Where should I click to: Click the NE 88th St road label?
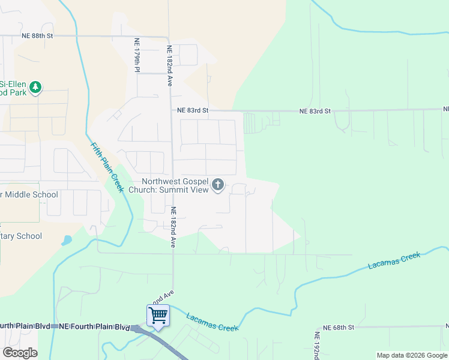pos(37,36)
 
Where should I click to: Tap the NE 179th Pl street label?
pos(137,56)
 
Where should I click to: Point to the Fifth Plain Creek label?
pos(107,167)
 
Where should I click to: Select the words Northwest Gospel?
pos(175,182)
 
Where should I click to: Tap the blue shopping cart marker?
pos(158,315)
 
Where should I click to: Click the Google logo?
pos(20,353)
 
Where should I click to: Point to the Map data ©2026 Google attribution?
pos(412,355)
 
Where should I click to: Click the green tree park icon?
pos(36,88)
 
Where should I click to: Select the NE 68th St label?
pos(339,328)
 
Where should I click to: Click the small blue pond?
pos(66,241)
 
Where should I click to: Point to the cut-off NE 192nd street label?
pos(317,345)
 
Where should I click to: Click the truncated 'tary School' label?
pos(21,236)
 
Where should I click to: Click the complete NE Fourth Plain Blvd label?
pos(94,326)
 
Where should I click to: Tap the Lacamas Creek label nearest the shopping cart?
pos(212,322)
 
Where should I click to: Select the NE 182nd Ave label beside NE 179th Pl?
pos(170,66)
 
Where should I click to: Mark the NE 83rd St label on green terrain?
pos(315,112)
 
